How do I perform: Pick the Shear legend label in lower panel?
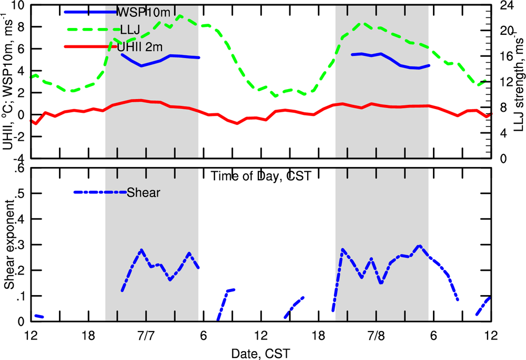(x=143, y=193)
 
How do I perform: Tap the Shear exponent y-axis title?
(x=9, y=245)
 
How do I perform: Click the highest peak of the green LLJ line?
(x=180, y=16)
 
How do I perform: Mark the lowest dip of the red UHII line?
(x=237, y=123)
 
